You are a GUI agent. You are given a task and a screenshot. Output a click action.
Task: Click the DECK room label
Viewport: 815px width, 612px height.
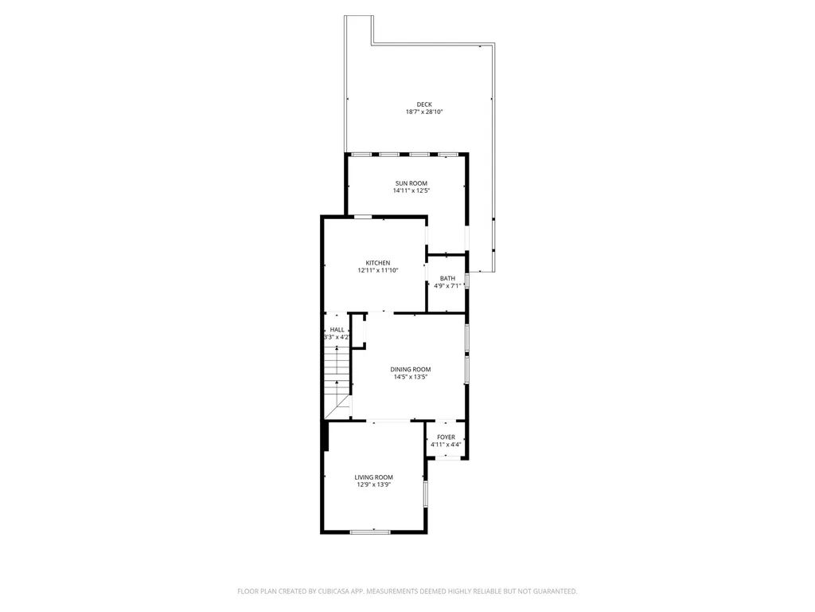(x=424, y=104)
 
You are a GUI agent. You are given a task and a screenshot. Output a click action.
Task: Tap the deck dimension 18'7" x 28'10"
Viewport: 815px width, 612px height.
(x=424, y=112)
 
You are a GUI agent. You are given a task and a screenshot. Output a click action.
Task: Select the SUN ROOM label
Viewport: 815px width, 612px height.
(x=411, y=183)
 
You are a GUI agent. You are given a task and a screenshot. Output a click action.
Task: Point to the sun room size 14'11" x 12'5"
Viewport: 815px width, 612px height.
(x=411, y=190)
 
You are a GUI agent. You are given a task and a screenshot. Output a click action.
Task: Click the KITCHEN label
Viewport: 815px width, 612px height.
(x=378, y=263)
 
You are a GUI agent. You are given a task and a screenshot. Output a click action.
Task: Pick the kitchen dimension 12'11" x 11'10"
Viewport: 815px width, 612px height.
(x=378, y=270)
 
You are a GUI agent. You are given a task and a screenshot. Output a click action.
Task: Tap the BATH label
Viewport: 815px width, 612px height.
(x=447, y=278)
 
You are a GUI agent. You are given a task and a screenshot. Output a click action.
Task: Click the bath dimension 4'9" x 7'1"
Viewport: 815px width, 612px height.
(x=447, y=286)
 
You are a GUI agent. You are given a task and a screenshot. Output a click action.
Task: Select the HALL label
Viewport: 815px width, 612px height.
(x=337, y=329)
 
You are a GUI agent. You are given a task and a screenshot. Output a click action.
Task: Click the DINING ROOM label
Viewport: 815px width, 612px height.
(x=411, y=370)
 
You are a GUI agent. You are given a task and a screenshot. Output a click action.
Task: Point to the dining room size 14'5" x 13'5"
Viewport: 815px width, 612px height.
(x=411, y=377)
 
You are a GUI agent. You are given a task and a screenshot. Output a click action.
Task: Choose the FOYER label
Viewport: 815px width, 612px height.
(x=446, y=437)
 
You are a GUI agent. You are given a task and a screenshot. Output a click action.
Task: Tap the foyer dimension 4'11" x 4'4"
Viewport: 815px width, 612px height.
(x=446, y=445)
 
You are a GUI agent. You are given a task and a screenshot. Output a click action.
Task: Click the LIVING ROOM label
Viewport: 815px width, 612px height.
(x=374, y=477)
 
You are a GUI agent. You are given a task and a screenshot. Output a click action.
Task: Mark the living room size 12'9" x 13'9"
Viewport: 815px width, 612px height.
(x=374, y=484)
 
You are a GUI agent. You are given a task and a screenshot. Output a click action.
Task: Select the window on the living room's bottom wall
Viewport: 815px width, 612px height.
(x=370, y=532)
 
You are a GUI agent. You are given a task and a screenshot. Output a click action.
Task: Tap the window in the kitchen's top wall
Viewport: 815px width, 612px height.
(x=362, y=217)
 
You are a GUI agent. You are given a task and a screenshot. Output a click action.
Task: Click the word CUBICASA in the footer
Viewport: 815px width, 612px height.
(x=335, y=591)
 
